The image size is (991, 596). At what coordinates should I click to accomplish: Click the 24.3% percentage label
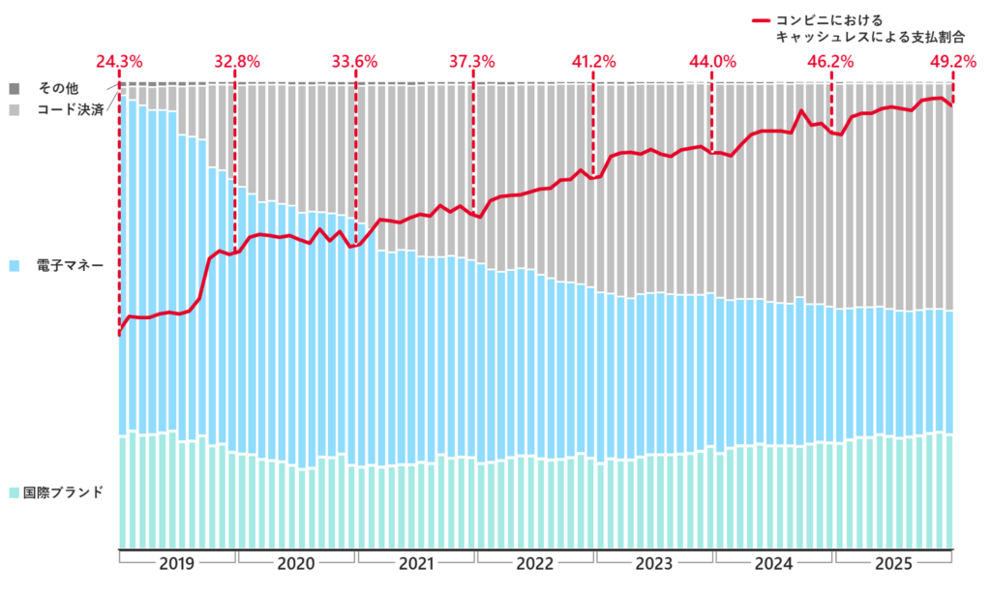tap(119, 62)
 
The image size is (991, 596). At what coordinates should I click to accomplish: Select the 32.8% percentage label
tap(237, 62)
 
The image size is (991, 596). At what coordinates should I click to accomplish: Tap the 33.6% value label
tap(355, 62)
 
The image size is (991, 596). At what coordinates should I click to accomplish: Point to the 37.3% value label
tap(472, 62)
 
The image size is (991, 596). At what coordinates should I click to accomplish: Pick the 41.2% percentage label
tap(593, 62)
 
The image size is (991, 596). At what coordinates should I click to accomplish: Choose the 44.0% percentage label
tap(712, 62)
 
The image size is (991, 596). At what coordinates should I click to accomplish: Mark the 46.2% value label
tap(830, 62)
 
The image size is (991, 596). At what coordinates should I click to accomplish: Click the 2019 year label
tap(177, 563)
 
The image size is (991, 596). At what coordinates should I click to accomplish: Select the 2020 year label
tap(296, 563)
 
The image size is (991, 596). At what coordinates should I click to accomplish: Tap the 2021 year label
tap(416, 563)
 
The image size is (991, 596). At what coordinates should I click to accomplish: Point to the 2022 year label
tap(535, 563)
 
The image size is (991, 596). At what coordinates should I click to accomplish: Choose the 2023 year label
tap(654, 563)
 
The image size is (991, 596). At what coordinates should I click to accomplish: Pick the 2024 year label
tap(774, 563)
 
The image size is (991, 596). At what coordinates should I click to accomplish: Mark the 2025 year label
tap(893, 563)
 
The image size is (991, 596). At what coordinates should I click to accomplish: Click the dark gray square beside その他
tap(15, 89)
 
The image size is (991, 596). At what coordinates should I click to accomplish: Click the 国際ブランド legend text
tap(63, 492)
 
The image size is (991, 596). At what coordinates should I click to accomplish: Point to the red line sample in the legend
tap(762, 19)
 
